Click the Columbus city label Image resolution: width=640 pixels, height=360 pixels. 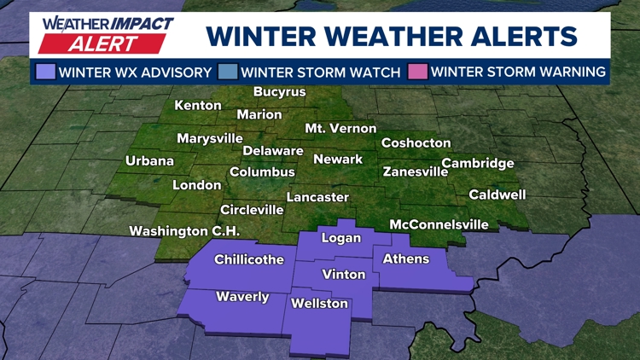(262, 172)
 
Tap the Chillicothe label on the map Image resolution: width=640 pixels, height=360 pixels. (249, 259)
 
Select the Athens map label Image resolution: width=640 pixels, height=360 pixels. (406, 258)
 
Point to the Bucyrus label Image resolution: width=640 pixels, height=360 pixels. (280, 92)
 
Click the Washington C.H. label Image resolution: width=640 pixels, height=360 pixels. (184, 231)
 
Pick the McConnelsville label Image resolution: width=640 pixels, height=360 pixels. (439, 224)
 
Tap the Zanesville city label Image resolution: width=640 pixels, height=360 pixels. (416, 171)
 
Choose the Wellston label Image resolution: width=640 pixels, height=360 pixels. (320, 304)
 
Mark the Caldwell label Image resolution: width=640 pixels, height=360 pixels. (497, 195)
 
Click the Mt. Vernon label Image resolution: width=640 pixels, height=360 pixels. (340, 128)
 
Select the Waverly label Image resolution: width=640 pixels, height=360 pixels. (242, 297)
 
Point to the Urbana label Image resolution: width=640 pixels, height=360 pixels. (149, 160)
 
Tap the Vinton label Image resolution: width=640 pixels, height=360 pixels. (344, 275)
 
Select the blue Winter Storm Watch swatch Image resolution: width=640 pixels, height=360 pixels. (228, 72)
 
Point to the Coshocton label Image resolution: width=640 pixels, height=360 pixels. (416, 143)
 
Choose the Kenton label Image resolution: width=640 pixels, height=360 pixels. (198, 106)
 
